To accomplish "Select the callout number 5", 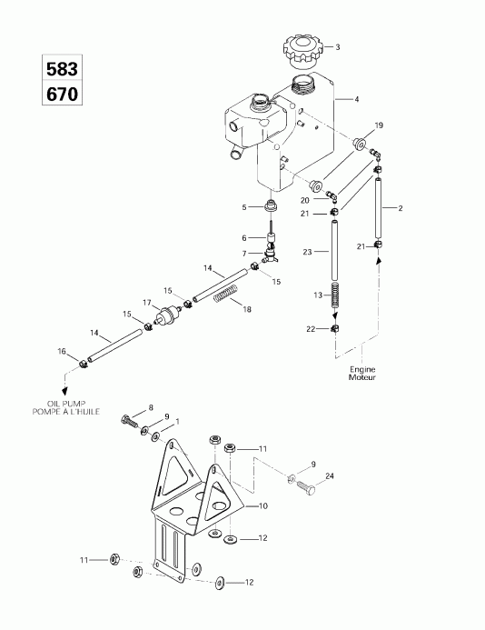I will click(243, 207).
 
